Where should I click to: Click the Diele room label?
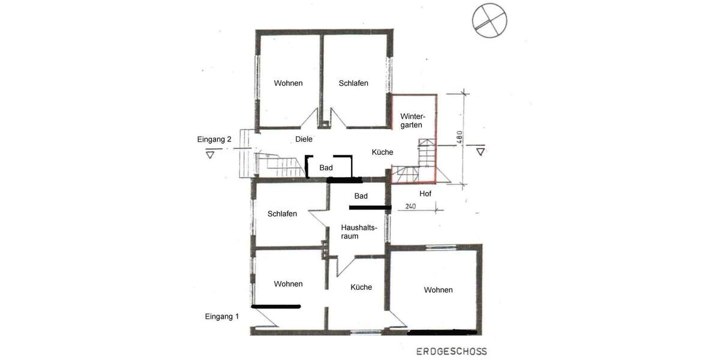click(304, 139)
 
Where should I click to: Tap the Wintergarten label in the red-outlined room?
click(412, 121)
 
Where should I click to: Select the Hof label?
click(425, 194)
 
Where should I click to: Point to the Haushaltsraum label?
click(358, 232)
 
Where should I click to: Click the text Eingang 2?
click(214, 139)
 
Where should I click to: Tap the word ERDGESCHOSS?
click(452, 352)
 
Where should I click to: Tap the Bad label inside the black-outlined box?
click(326, 168)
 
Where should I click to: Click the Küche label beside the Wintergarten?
click(382, 152)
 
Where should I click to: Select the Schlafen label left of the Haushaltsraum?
click(282, 214)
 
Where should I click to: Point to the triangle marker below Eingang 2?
click(210, 154)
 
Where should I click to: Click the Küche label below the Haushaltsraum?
click(361, 287)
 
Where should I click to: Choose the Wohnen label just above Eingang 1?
click(288, 284)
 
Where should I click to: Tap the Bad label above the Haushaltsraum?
click(361, 196)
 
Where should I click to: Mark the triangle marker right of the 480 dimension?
click(480, 151)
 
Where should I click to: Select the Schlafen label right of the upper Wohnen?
click(353, 83)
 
